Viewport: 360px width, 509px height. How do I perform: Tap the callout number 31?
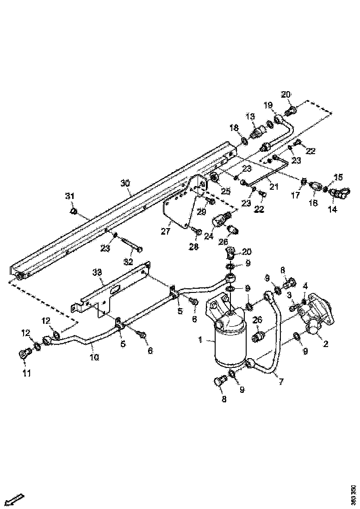[69, 197]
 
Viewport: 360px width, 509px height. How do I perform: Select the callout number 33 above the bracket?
[97, 273]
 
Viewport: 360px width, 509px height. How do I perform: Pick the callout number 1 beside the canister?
[200, 340]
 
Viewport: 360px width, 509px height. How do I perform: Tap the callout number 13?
[250, 116]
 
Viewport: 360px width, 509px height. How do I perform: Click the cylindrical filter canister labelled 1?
[229, 342]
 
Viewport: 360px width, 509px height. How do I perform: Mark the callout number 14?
[332, 209]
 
